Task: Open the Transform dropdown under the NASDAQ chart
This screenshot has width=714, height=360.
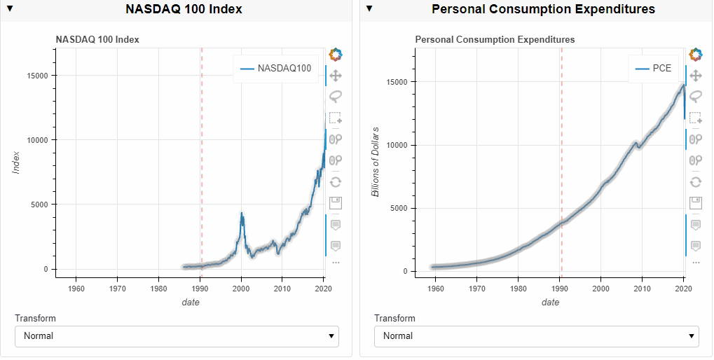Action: (x=177, y=336)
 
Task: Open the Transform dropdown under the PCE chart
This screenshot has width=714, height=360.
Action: (x=536, y=336)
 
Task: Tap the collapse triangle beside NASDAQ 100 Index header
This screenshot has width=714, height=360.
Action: (x=10, y=9)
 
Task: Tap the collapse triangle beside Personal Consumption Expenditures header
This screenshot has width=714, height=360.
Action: (x=369, y=9)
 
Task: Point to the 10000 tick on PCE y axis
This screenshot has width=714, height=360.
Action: (x=397, y=145)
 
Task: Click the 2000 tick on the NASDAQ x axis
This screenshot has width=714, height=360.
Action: (x=241, y=288)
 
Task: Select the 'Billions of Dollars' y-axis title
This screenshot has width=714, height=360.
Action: (x=376, y=162)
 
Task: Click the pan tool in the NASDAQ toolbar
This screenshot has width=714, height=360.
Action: (x=336, y=75)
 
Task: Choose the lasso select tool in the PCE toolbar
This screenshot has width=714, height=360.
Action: (x=695, y=96)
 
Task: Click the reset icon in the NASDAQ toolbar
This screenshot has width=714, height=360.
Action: (x=336, y=182)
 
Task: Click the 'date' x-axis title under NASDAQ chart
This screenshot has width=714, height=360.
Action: (x=190, y=303)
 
